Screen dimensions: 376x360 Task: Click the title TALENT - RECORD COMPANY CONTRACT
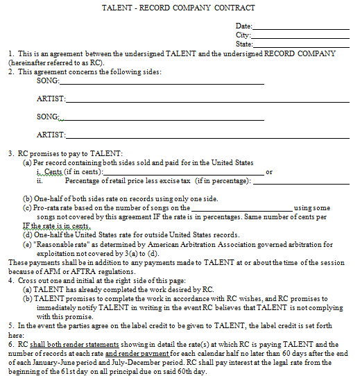(178, 8)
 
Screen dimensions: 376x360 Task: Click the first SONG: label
(48, 80)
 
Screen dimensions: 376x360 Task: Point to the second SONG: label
(48, 117)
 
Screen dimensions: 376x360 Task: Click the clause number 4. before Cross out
(11, 280)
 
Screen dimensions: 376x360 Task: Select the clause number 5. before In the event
(11, 324)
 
